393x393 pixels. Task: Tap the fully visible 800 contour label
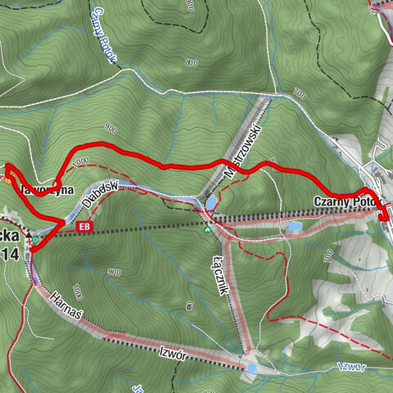point(192,62)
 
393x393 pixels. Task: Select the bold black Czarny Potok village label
point(343,201)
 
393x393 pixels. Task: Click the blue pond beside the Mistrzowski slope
point(212,201)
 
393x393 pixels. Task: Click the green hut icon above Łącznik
point(208,229)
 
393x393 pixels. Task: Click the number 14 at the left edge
point(10,254)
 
